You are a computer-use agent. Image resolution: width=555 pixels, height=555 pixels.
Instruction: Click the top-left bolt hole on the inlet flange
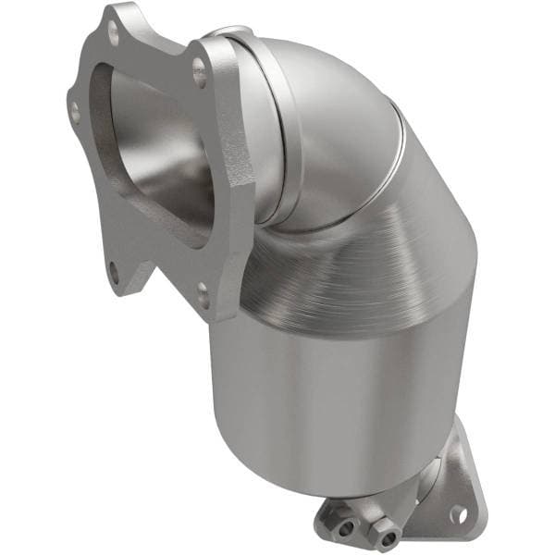113,38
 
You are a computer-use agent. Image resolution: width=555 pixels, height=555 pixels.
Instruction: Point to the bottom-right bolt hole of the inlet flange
203,295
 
